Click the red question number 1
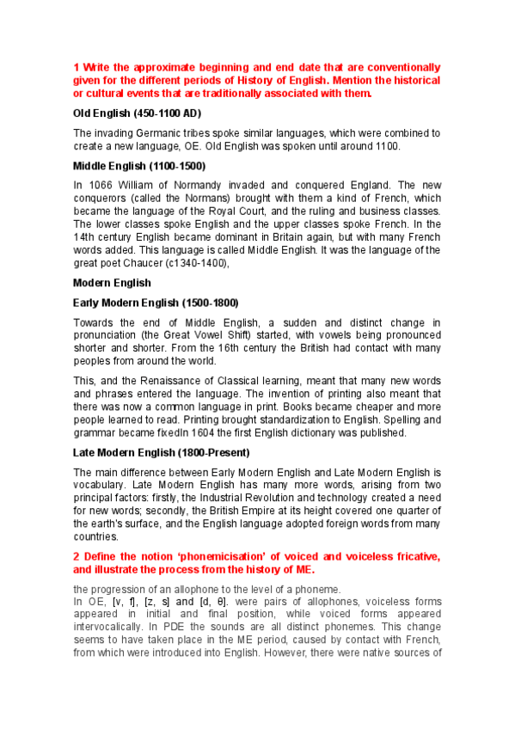coord(76,67)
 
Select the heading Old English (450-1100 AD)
coord(137,113)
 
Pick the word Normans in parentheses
coord(205,199)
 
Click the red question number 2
coord(76,557)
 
